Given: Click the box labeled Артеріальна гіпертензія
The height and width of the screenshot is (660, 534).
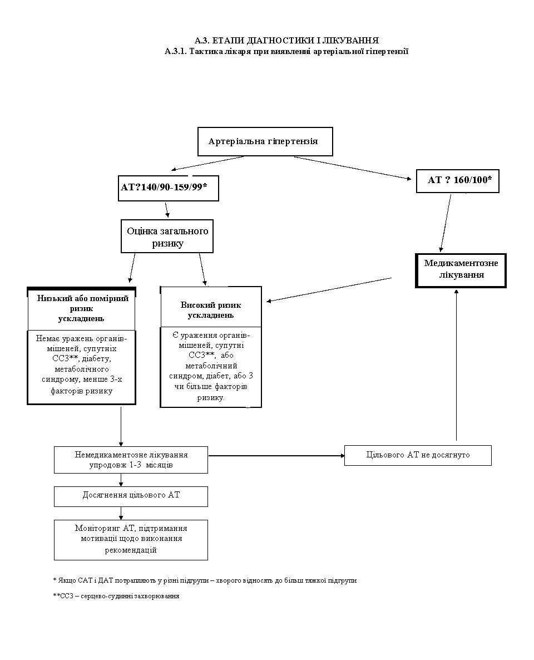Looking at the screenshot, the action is [x=265, y=141].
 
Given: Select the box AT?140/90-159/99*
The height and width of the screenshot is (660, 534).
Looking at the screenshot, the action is [x=169, y=188].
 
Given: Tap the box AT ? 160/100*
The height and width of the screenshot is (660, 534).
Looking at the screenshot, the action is [x=457, y=181].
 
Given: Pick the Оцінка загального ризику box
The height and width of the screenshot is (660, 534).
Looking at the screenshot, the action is [x=167, y=236].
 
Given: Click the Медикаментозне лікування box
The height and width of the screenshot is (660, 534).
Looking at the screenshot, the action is [x=461, y=270].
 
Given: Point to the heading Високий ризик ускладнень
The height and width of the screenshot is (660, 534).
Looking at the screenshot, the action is [x=210, y=310].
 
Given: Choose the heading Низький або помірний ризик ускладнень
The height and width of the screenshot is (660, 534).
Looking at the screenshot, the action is [x=82, y=308].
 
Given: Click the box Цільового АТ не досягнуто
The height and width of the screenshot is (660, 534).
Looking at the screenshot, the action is [x=418, y=455].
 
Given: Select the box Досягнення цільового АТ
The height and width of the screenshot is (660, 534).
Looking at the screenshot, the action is [x=131, y=496].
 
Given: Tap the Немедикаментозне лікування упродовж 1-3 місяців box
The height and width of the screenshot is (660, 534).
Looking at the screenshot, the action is [x=131, y=460].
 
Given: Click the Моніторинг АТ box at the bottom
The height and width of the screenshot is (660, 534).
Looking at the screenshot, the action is [x=131, y=540].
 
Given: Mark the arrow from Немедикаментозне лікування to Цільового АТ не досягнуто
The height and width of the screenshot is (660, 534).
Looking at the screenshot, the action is [x=276, y=455].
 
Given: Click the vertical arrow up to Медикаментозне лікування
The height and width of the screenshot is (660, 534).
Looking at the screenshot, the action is [x=456, y=365].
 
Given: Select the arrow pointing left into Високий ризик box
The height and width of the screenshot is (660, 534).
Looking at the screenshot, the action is [x=329, y=289].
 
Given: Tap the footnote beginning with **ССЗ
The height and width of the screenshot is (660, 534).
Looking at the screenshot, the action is [x=116, y=596].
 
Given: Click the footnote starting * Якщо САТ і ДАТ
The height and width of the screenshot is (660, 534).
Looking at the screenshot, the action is [x=205, y=580].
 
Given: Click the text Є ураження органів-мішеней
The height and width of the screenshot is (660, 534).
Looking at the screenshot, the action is [x=211, y=340].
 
